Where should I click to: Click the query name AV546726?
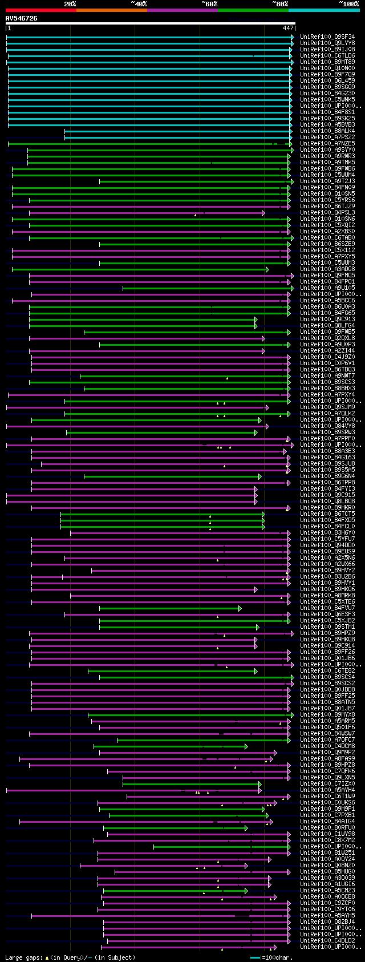(22, 18)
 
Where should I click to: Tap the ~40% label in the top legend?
(139, 3)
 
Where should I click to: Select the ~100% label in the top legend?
(348, 3)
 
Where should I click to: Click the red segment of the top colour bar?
(40, 10)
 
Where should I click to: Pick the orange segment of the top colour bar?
(111, 10)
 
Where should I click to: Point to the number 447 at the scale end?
(288, 27)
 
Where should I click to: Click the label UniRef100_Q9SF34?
(327, 37)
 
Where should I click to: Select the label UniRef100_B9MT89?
(327, 62)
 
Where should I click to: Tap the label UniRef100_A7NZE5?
(327, 144)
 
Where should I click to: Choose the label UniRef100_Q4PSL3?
(327, 213)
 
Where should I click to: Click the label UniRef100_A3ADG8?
(327, 269)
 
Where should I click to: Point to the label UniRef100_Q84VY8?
(327, 426)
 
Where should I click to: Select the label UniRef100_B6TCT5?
(327, 514)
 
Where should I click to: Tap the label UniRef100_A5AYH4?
(327, 790)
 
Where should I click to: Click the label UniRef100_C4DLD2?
(327, 941)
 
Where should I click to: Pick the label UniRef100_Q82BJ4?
(327, 922)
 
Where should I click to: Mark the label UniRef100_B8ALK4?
(327, 131)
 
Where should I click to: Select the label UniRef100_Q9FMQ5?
(327, 276)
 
